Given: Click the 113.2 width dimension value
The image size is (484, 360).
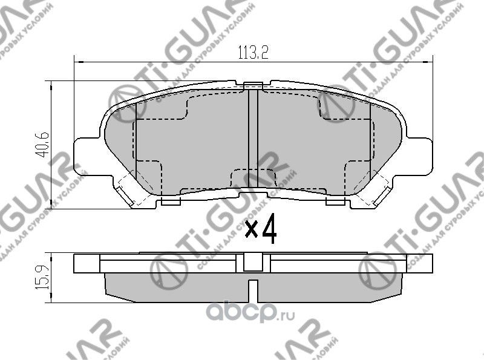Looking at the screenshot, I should click(x=253, y=52).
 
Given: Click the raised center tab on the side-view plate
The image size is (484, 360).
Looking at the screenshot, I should click(x=253, y=261).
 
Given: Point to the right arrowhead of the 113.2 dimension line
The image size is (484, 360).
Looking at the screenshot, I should click(x=431, y=61).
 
